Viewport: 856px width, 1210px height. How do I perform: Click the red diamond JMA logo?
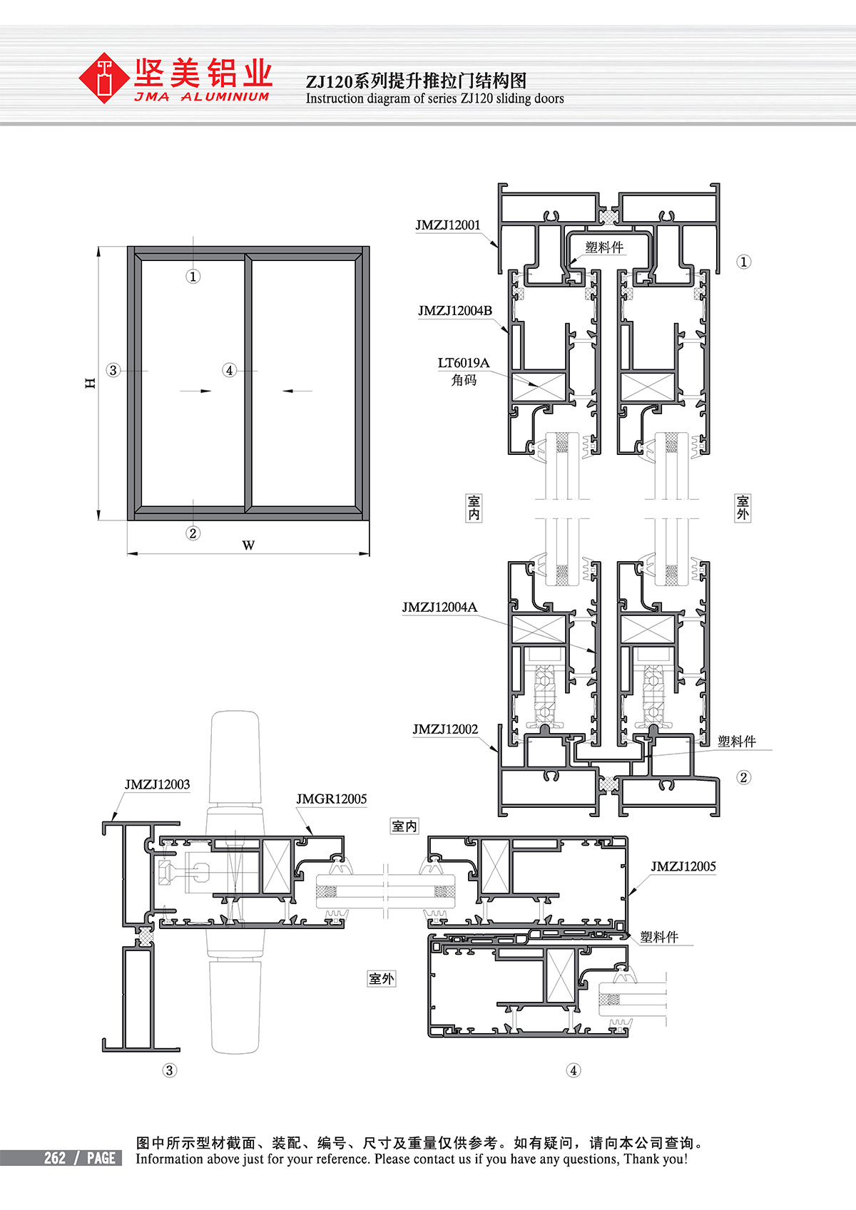click(103, 78)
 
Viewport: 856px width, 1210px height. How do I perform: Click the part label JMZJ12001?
click(447, 225)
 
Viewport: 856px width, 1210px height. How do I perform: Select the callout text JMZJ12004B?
click(455, 311)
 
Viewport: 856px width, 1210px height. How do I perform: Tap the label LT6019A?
click(464, 362)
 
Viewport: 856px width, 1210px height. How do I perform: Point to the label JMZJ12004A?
click(439, 607)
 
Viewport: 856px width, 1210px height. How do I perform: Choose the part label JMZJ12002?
click(445, 729)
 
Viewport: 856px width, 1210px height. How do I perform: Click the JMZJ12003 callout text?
click(157, 784)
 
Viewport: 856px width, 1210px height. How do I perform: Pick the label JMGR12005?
click(331, 799)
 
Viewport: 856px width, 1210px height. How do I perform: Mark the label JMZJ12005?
click(683, 866)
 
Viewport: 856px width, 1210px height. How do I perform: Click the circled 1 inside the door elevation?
click(193, 277)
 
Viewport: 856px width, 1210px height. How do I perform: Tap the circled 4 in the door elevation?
click(230, 370)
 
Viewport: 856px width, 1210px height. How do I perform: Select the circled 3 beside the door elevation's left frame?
click(113, 370)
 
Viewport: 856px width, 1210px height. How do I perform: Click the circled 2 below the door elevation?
click(193, 533)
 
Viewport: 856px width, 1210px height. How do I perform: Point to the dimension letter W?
click(248, 545)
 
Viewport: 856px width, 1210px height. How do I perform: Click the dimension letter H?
click(91, 383)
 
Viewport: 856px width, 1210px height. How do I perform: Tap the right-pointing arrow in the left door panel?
click(195, 391)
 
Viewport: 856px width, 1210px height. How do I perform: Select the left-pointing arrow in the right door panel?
click(297, 391)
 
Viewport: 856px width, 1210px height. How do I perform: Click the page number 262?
click(55, 1158)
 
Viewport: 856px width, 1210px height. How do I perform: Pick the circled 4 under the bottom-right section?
click(574, 1070)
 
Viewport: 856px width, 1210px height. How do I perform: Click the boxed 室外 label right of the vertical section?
click(743, 508)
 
